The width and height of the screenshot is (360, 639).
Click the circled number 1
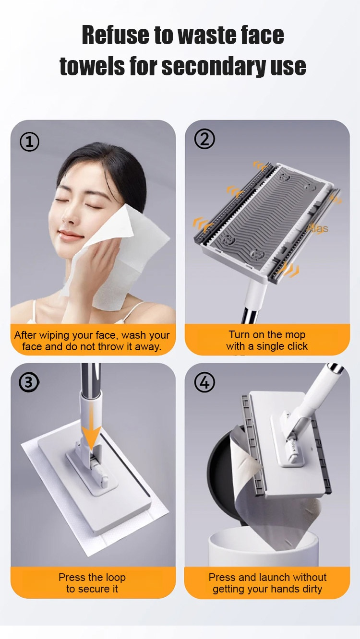(29, 142)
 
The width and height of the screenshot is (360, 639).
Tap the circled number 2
(204, 139)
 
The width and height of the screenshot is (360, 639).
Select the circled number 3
(28, 382)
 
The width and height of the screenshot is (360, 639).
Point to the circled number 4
(204, 382)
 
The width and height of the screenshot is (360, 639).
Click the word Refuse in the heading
(115, 35)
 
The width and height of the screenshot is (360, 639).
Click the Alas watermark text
(318, 228)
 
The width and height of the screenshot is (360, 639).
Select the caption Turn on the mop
(267, 334)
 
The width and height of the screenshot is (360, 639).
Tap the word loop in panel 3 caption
(115, 578)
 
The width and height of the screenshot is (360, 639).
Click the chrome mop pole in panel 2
(251, 315)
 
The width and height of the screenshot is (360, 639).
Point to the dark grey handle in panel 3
(90, 378)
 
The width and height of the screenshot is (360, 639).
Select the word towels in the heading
(92, 66)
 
